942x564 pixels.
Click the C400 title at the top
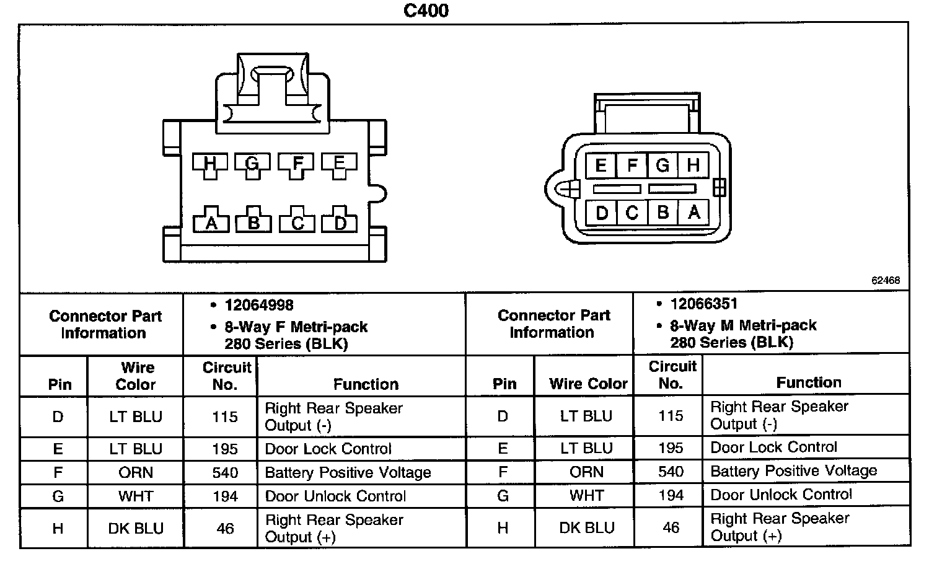pyautogui.click(x=426, y=11)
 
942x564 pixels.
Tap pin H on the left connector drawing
pyautogui.click(x=210, y=164)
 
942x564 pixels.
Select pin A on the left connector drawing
pyautogui.click(x=211, y=223)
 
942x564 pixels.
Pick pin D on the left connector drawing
pyautogui.click(x=340, y=223)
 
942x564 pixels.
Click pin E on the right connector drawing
pyautogui.click(x=600, y=165)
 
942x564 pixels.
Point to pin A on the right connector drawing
pyautogui.click(x=693, y=213)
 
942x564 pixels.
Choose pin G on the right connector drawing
pyautogui.click(x=662, y=165)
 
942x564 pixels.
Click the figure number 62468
pyautogui.click(x=886, y=280)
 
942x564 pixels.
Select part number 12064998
pyautogui.click(x=259, y=305)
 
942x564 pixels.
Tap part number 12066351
pyautogui.click(x=704, y=304)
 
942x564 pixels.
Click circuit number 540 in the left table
pyautogui.click(x=225, y=473)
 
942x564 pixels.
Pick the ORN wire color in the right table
pyautogui.click(x=586, y=472)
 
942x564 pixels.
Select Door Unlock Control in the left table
pyautogui.click(x=335, y=496)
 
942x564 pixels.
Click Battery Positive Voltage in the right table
pyautogui.click(x=793, y=471)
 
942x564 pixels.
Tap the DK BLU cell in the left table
pyautogui.click(x=136, y=529)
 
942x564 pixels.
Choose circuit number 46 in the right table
pyautogui.click(x=671, y=527)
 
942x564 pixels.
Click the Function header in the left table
pyautogui.click(x=366, y=384)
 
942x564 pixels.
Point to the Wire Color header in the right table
pyautogui.click(x=588, y=384)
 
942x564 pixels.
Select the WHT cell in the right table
pyautogui.click(x=586, y=496)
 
